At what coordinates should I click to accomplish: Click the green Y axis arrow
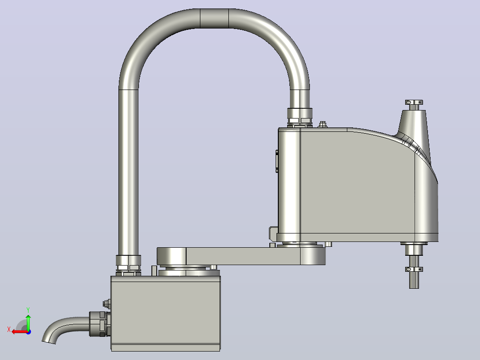pyautogui.click(x=28, y=322)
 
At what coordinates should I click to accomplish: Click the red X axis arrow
pyautogui.click(x=20, y=332)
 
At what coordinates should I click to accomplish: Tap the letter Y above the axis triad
pyautogui.click(x=28, y=310)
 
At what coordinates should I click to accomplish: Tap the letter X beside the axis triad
pyautogui.click(x=9, y=330)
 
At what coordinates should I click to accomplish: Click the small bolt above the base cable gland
pyautogui.click(x=106, y=303)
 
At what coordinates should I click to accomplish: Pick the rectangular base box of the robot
pyautogui.click(x=165, y=313)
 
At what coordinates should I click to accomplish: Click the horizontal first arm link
pyautogui.click(x=242, y=256)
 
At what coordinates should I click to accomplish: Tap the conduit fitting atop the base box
pyautogui.click(x=128, y=266)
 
